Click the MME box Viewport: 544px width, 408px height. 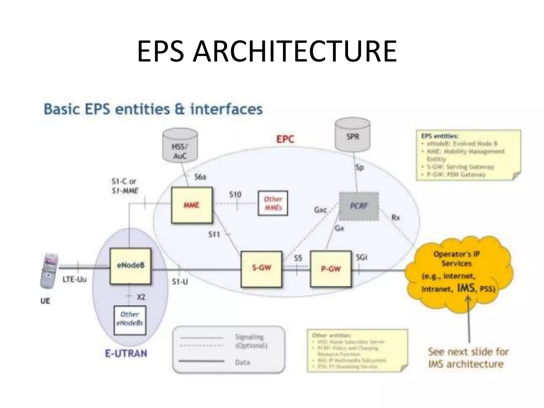click(x=192, y=205)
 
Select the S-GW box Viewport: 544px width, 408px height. click(x=261, y=269)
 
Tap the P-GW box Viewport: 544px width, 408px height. click(x=331, y=269)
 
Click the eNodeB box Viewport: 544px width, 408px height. click(x=130, y=266)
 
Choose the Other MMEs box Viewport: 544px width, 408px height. click(x=273, y=203)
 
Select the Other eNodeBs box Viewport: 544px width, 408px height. click(x=130, y=320)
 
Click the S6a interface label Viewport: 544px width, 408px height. click(x=200, y=177)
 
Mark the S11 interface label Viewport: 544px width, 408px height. click(x=214, y=235)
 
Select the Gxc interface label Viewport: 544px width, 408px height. click(x=321, y=210)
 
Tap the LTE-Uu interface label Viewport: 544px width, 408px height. click(x=75, y=279)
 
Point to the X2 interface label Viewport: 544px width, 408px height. click(x=141, y=297)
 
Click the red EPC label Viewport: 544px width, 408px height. click(x=285, y=139)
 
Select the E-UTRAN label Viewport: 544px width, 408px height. click(x=126, y=354)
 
